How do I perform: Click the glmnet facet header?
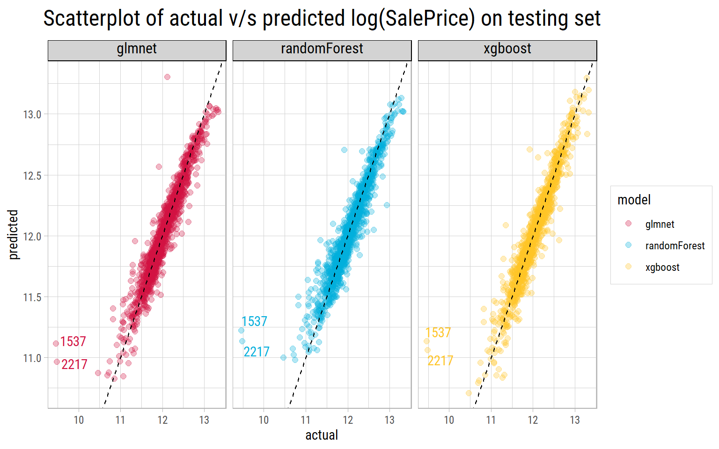pos(137,49)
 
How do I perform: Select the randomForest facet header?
pos(322,49)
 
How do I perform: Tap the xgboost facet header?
pos(507,49)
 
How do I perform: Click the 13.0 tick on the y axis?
pos(32,115)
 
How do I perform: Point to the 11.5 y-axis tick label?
pos(32,297)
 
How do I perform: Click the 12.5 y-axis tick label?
pos(32,176)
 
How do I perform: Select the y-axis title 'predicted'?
pos(13,234)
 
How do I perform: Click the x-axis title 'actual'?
pos(322,435)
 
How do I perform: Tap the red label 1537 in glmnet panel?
pos(73,341)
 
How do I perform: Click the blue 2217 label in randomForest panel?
pos(257,352)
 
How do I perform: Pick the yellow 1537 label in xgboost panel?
pos(438,333)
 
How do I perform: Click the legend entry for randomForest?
pos(675,246)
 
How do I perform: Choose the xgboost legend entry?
pos(662,268)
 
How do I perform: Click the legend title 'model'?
pos(634,200)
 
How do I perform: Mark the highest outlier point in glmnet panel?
pos(167,77)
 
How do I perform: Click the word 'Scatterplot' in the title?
pos(100,19)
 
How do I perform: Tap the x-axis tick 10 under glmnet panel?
pos(79,420)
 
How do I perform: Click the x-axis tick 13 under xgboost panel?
pos(575,420)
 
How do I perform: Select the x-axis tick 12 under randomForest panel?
pos(348,420)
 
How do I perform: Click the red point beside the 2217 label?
pos(57,362)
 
